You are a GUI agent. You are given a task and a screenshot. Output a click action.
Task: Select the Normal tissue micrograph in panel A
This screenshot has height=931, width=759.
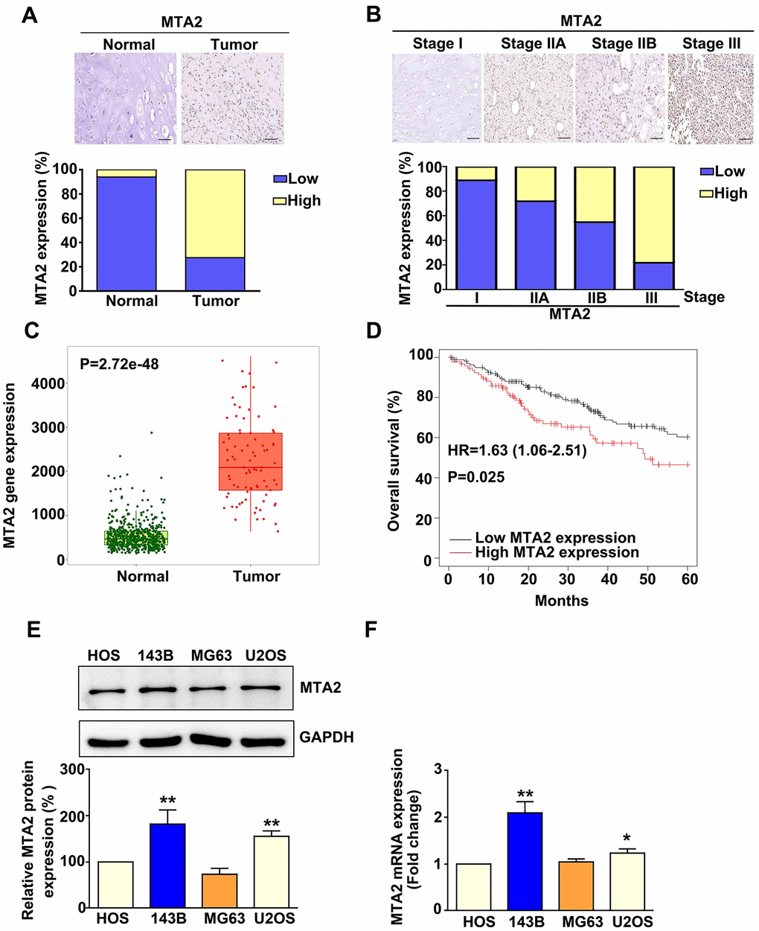click(x=126, y=98)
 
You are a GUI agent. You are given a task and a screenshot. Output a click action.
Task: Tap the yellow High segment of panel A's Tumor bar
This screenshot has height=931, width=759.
click(x=215, y=214)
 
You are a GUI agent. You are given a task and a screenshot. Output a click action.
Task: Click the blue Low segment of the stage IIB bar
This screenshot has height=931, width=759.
click(x=595, y=255)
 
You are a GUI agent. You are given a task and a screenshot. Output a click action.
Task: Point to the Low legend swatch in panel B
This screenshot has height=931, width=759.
click(x=706, y=172)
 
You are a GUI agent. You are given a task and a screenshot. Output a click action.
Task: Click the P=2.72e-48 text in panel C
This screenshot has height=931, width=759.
click(x=119, y=365)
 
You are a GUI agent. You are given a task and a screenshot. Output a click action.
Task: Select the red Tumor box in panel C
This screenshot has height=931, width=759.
click(x=251, y=461)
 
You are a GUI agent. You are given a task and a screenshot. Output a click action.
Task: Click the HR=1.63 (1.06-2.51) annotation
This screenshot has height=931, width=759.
click(x=516, y=451)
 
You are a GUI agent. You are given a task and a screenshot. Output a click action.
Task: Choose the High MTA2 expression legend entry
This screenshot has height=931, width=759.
click(x=557, y=552)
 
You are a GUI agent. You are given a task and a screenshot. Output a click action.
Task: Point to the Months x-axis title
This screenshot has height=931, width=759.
click(x=561, y=601)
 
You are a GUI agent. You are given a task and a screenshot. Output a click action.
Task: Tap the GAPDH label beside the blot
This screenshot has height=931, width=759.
click(x=326, y=738)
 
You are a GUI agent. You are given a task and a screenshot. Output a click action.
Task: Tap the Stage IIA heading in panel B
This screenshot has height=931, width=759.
click(x=533, y=43)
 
